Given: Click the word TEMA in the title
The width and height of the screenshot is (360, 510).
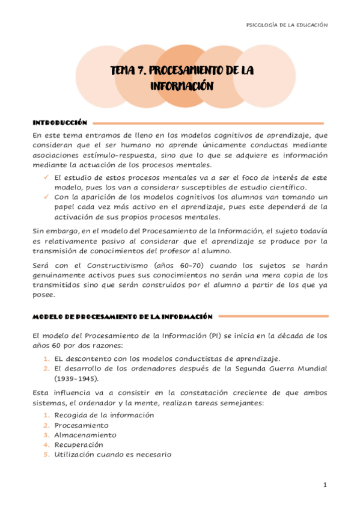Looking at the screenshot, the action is (126, 71).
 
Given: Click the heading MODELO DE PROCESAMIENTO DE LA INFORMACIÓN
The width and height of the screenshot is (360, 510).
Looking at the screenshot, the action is (123, 316).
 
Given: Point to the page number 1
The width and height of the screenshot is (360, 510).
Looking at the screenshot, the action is (325, 485).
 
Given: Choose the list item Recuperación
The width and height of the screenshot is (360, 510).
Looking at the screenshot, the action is (81, 444).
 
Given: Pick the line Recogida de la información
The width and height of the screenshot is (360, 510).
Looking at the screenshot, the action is (104, 415).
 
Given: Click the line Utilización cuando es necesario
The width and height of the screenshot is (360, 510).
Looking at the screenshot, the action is (112, 454).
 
